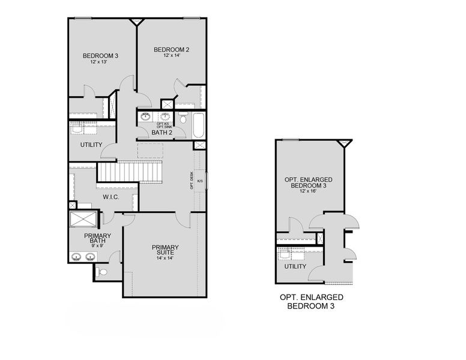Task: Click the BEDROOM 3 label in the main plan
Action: (x=100, y=56)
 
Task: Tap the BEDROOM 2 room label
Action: (x=172, y=49)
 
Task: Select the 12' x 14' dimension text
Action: (x=172, y=56)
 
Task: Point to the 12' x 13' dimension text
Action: (x=100, y=62)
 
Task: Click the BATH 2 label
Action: (x=163, y=133)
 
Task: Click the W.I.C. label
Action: (x=112, y=196)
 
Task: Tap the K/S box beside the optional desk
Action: (x=200, y=181)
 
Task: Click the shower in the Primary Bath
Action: (x=80, y=220)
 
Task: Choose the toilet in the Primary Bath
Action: (x=102, y=272)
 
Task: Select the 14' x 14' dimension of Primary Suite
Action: (x=165, y=259)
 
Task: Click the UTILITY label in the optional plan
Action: (x=295, y=266)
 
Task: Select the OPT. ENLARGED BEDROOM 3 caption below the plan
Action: (x=311, y=301)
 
